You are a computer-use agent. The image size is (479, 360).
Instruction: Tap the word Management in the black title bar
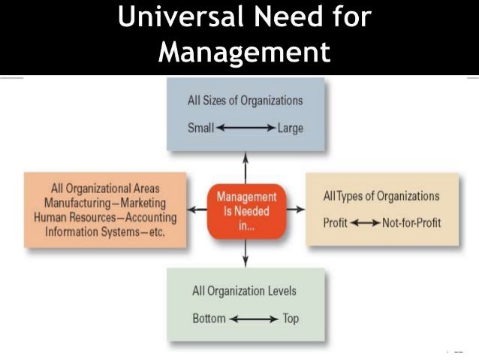(245, 51)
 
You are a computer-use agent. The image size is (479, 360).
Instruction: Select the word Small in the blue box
(200, 128)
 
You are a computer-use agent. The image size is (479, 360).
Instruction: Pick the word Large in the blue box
(291, 128)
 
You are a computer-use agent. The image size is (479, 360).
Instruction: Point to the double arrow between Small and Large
(245, 128)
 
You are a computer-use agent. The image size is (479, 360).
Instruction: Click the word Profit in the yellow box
(336, 223)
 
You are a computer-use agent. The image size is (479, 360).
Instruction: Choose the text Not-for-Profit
(411, 223)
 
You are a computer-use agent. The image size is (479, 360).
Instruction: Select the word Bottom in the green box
(209, 318)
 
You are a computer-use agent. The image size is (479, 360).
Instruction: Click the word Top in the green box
(291, 318)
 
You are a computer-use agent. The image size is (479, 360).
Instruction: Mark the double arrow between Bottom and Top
(254, 319)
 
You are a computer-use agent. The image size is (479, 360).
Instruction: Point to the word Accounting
(146, 218)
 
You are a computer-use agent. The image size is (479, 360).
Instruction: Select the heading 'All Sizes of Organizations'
(245, 100)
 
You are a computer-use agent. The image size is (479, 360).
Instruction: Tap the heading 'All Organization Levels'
(245, 291)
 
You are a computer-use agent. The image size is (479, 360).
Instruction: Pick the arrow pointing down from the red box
(245, 256)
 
